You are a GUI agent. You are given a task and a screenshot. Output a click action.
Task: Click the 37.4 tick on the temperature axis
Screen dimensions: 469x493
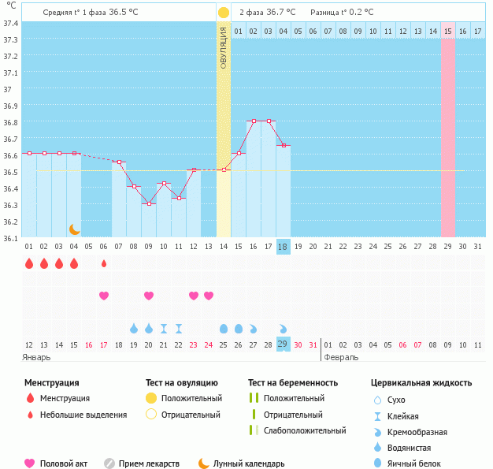[x=11, y=23]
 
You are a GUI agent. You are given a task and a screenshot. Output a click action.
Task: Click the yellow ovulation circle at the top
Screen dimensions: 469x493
[x=224, y=13]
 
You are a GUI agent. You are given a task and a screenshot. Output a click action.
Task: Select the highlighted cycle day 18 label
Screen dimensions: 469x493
[x=284, y=247]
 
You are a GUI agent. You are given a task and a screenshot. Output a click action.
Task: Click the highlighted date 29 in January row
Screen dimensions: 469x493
[x=284, y=344]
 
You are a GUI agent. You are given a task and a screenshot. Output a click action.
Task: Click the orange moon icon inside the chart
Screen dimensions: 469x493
[x=74, y=229]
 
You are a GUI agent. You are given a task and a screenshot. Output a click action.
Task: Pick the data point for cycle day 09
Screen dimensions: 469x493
[x=149, y=203]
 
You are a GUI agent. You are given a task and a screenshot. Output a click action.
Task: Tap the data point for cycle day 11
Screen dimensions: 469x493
[x=179, y=198]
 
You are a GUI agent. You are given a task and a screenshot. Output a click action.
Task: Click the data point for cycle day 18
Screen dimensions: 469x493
[x=284, y=146]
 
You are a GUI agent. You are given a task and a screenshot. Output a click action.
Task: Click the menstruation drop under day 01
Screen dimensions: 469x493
[x=29, y=263]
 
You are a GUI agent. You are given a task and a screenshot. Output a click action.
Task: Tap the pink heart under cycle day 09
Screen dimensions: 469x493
[x=149, y=296]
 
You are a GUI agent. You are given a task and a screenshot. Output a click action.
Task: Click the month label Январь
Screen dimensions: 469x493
[x=37, y=357]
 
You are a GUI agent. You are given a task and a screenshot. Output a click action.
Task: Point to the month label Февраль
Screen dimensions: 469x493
[x=341, y=357]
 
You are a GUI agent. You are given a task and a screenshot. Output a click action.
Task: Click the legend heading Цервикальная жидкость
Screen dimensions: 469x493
[x=421, y=383]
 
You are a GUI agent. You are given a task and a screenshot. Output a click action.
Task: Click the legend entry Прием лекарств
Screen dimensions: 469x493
[x=149, y=463]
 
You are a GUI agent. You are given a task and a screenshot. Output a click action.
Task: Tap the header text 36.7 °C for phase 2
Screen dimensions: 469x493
[x=281, y=13]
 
